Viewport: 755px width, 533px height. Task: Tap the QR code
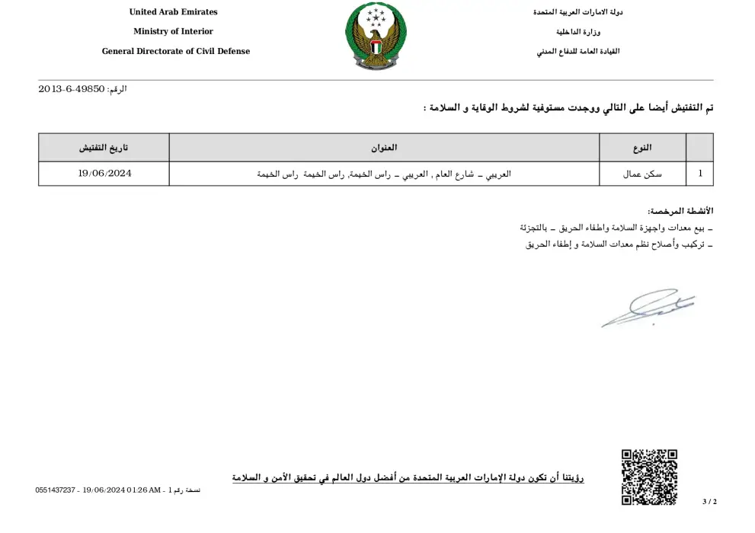tap(649, 477)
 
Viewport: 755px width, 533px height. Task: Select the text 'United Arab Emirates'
tap(173, 12)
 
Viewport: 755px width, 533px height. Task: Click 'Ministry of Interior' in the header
tap(173, 32)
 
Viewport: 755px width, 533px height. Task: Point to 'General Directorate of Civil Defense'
tap(176, 52)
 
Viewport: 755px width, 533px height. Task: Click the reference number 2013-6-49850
tap(72, 90)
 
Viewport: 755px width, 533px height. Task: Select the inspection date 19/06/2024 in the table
tap(104, 174)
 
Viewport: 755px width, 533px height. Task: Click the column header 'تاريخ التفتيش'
tap(104, 148)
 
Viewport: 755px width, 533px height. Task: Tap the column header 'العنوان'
tap(385, 148)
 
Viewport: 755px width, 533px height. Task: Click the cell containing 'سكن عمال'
tap(642, 174)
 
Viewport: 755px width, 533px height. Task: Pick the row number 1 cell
tap(699, 174)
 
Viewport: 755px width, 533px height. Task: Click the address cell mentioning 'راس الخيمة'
tap(385, 174)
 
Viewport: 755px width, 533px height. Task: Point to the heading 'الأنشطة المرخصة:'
tap(680, 211)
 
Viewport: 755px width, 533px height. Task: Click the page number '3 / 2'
tap(709, 502)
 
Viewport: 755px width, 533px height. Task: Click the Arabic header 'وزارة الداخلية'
tap(577, 32)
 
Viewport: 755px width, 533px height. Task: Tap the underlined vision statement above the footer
tap(408, 478)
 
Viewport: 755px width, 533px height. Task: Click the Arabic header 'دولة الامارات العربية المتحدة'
tap(577, 12)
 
